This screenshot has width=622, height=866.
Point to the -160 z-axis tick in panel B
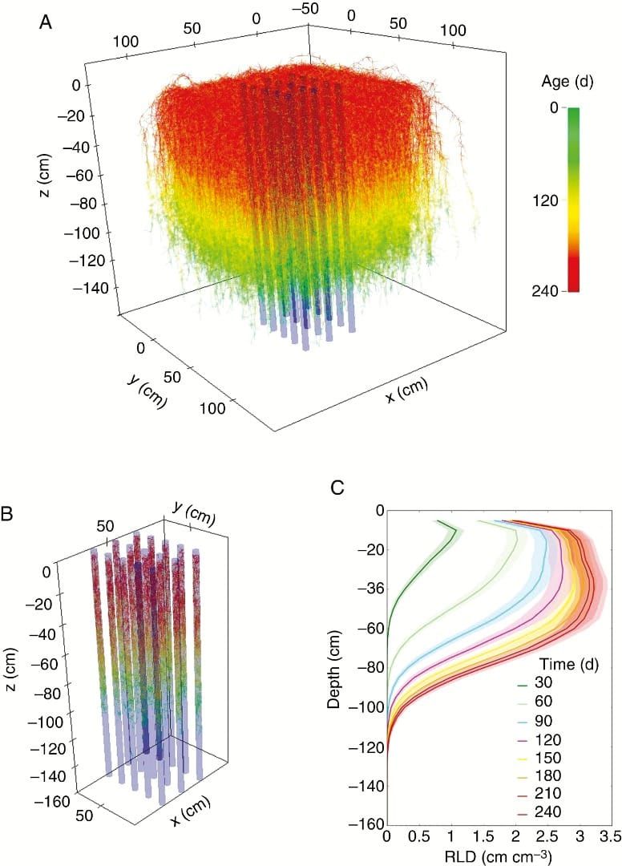click(46, 799)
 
